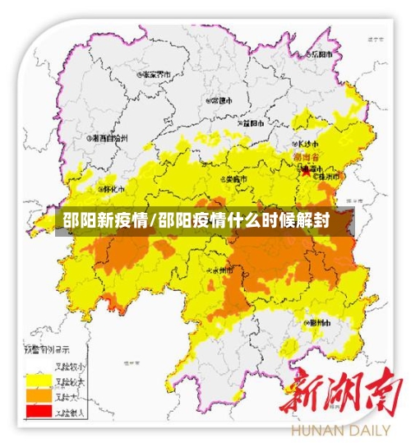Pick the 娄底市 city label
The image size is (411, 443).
tap(233, 178)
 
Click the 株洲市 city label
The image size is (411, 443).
tap(325, 176)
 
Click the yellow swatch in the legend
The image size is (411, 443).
tap(36, 380)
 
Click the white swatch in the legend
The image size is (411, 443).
tap(36, 366)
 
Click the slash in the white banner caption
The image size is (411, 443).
tap(154, 219)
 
